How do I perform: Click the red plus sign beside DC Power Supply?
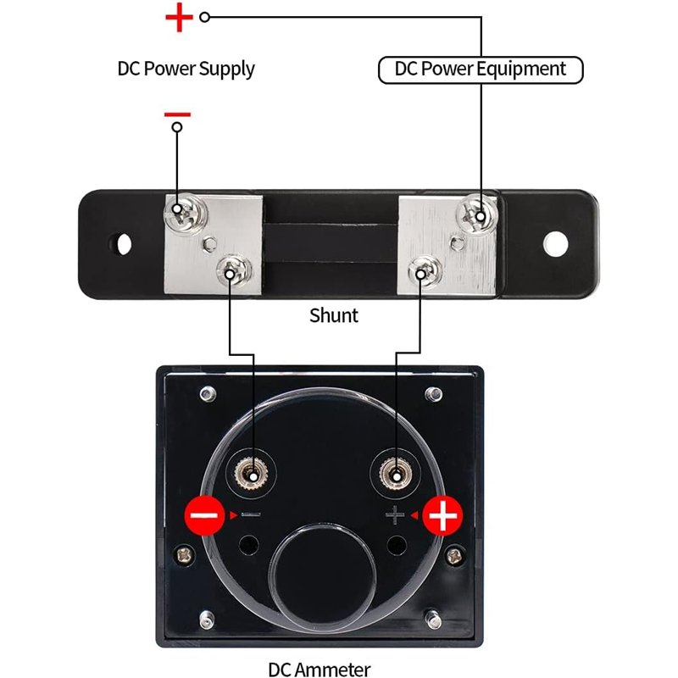(x=178, y=17)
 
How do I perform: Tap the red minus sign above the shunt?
(x=177, y=114)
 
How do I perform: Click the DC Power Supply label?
(x=186, y=69)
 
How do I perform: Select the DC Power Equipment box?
(x=481, y=69)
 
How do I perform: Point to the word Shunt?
(x=333, y=315)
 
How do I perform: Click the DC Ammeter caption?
(x=319, y=669)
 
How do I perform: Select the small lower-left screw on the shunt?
(x=231, y=270)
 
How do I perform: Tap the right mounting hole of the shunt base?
(x=555, y=243)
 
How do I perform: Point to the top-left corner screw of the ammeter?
(x=206, y=394)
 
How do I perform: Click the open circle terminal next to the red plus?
(x=204, y=17)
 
